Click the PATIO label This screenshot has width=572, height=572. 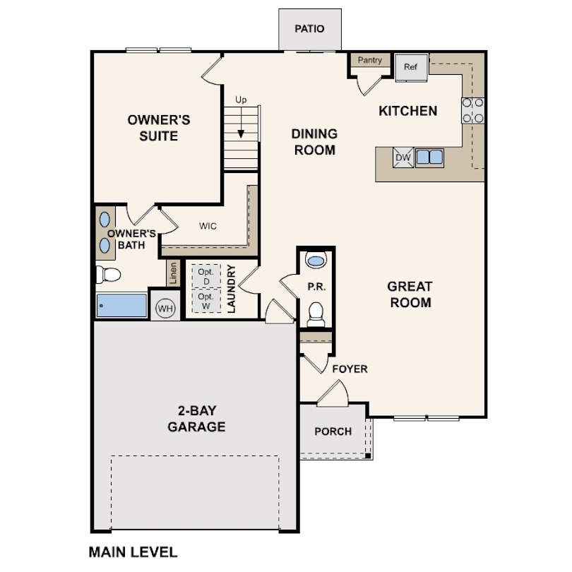tap(309, 28)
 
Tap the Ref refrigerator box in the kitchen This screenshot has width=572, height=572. tap(411, 68)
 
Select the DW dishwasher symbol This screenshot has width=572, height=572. tap(403, 157)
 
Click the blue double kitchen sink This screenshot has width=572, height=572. tap(430, 157)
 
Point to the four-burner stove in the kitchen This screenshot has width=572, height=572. tap(472, 111)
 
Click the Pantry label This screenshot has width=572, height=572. tap(369, 60)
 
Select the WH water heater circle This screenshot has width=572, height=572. tap(165, 309)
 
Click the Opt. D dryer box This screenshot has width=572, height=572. tap(206, 276)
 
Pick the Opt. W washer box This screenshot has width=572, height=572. tap(206, 301)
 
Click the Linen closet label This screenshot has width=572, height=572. tap(173, 273)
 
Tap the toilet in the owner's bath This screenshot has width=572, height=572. tap(108, 275)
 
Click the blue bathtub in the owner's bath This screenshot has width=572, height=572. tap(122, 305)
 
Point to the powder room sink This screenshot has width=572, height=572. tap(316, 260)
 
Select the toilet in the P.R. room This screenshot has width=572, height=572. tap(316, 314)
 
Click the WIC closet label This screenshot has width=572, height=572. tap(208, 226)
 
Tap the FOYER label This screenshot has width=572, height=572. tap(350, 369)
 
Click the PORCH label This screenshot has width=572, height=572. tap(333, 431)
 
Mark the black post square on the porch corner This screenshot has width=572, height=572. tap(368, 455)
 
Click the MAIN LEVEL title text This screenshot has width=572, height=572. tap(133, 552)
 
